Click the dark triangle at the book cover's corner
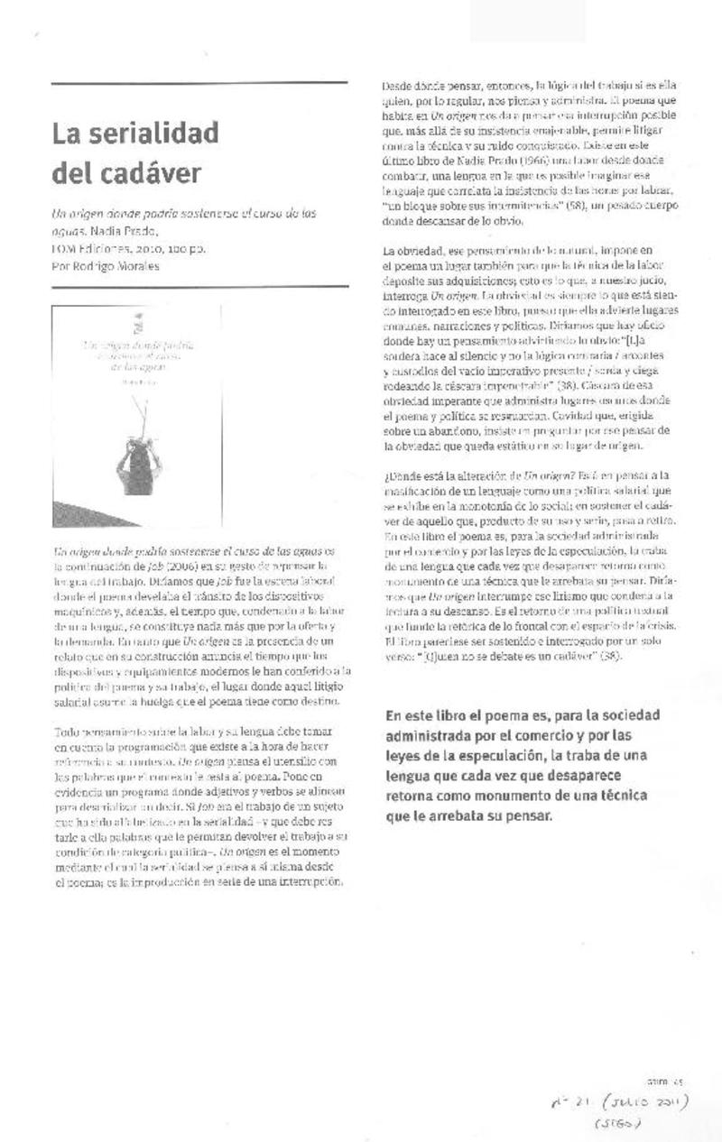tap(77, 514)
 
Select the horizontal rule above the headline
tap(199, 84)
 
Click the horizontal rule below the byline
tap(199, 287)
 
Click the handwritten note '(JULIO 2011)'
tap(645, 1102)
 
